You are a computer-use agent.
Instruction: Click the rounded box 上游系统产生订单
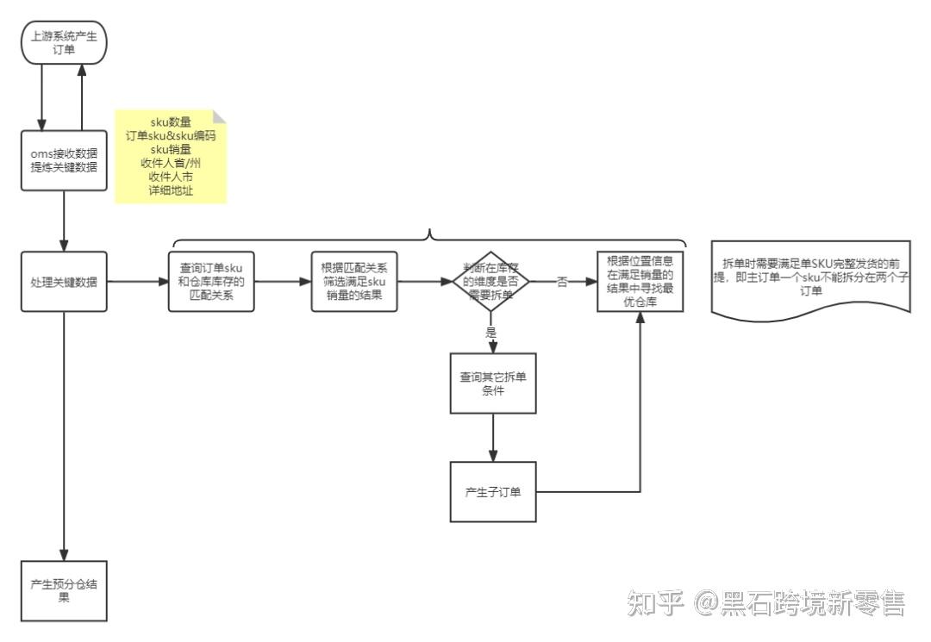pos(65,42)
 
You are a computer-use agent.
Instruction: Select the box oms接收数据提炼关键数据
pos(65,160)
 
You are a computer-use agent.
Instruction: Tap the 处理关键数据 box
pos(65,281)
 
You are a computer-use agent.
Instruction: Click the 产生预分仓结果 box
pos(65,590)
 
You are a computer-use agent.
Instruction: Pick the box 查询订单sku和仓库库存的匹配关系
pos(211,281)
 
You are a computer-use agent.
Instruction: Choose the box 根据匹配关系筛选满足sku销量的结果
pos(353,281)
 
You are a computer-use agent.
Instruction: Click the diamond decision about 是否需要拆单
pos(491,282)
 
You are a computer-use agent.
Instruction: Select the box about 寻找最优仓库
pos(640,281)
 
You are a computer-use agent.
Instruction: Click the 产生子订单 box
pos(492,492)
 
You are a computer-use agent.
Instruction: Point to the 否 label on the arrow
pos(562,282)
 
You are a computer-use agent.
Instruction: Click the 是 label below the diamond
pos(492,332)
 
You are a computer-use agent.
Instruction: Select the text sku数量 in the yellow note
pos(170,122)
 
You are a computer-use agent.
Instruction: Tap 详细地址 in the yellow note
pos(170,190)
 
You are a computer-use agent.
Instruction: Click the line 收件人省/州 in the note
pos(170,163)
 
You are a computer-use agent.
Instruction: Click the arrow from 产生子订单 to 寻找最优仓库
pos(640,431)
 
